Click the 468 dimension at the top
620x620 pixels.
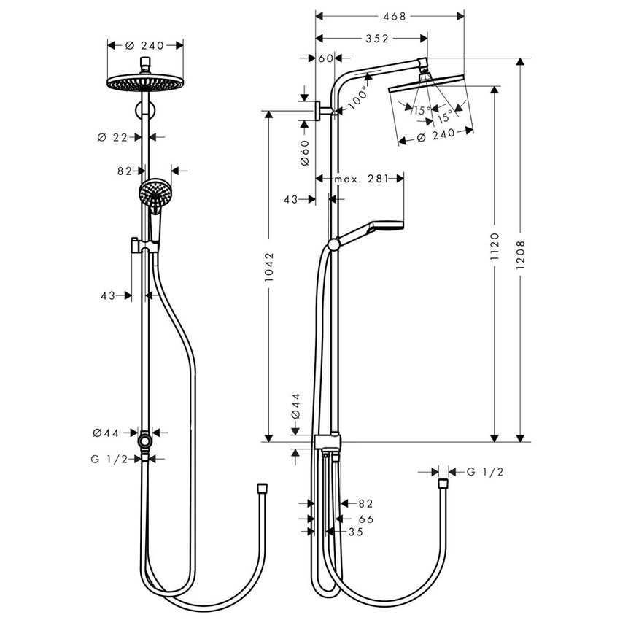388,15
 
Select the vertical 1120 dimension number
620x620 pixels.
495,249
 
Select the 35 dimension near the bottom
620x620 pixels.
355,532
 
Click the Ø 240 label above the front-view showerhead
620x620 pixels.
144,44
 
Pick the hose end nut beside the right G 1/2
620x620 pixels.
442,483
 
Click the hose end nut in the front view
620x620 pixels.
262,485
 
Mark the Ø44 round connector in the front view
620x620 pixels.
147,442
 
